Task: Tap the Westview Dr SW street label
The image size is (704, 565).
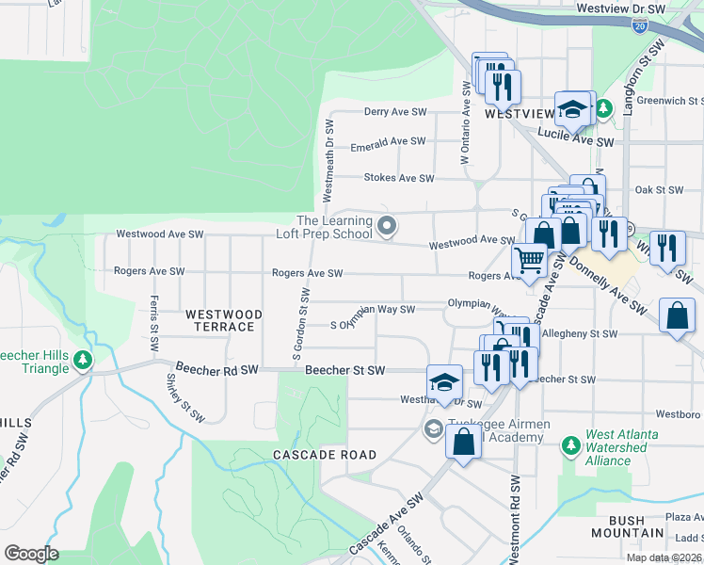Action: click(620, 8)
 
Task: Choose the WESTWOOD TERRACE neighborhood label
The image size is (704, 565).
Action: click(219, 320)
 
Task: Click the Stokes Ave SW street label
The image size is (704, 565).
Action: click(398, 178)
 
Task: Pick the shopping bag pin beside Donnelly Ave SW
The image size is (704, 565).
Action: click(678, 316)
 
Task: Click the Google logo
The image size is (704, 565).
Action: click(31, 554)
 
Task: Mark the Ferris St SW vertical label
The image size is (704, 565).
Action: click(152, 320)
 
